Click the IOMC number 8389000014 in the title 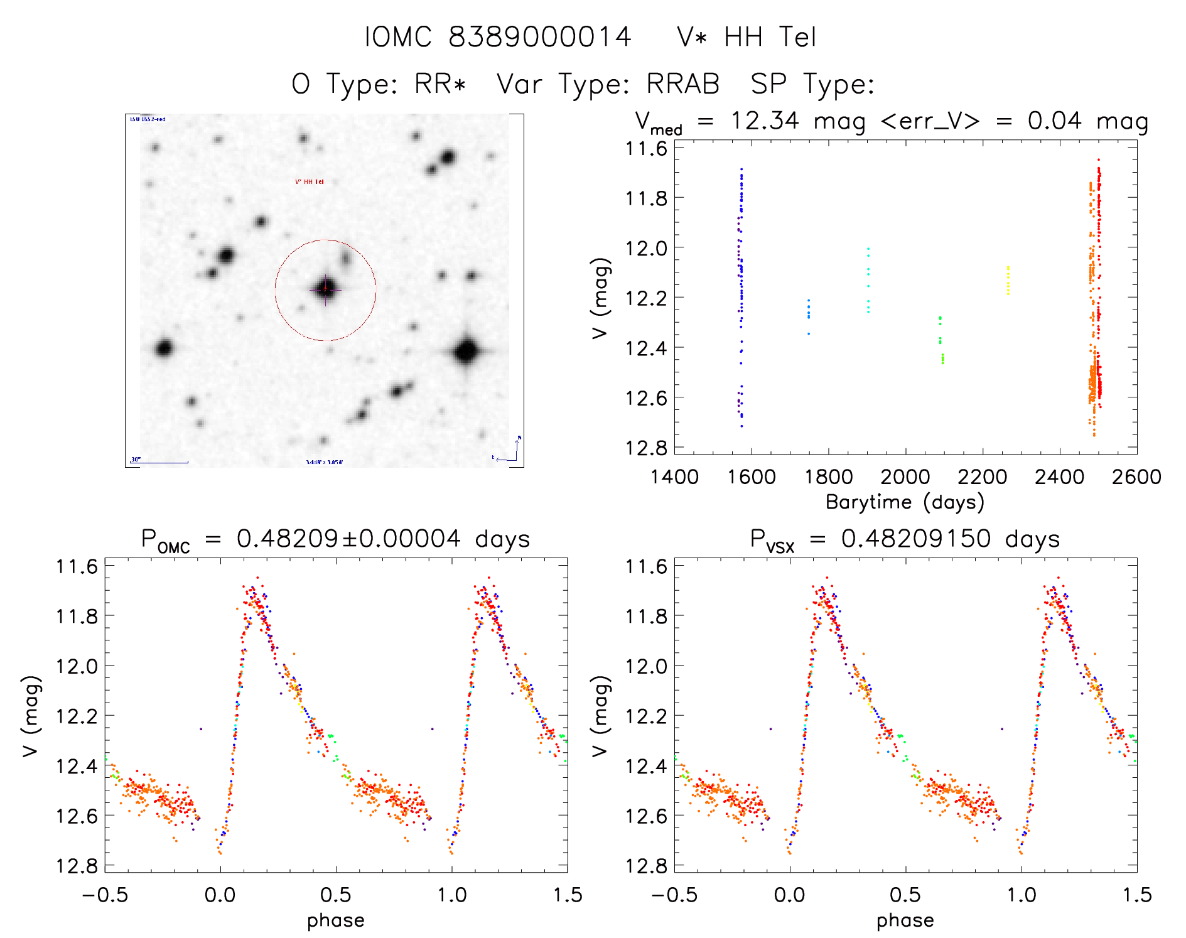[539, 37]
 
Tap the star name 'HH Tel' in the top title [770, 37]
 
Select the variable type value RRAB [682, 84]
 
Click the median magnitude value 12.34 [764, 121]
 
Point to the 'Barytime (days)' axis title [905, 502]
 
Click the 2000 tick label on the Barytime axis [905, 477]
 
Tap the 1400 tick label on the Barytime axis [674, 477]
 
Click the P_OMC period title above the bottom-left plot [335, 539]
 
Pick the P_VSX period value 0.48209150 [915, 539]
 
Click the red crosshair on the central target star [325, 289]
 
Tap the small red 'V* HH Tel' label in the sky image [310, 182]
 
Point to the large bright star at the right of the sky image [466, 351]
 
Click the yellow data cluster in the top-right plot [1008, 280]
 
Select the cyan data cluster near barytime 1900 [868, 280]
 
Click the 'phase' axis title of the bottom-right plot [905, 920]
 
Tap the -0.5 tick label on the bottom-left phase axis [105, 895]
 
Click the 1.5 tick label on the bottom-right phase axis [1136, 895]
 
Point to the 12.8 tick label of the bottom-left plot [77, 866]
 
